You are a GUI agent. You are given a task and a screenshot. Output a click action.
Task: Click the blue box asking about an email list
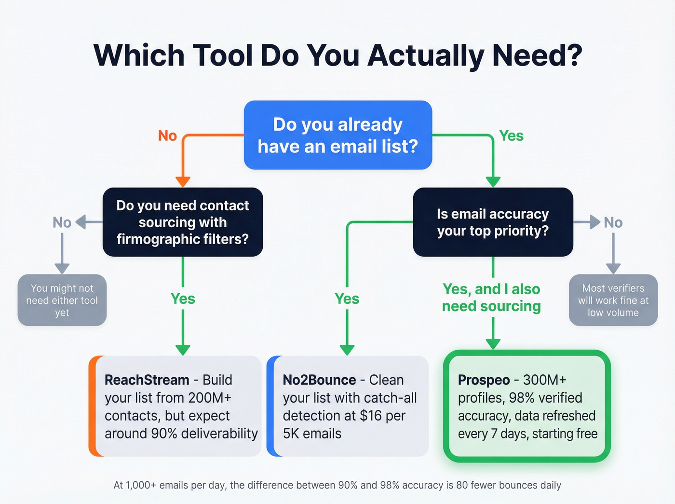pos(337,135)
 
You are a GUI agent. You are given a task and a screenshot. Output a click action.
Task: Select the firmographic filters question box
pos(183,222)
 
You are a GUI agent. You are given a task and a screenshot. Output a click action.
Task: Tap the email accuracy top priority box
pos(493,222)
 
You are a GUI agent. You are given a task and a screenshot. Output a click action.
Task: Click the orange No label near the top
pos(167,136)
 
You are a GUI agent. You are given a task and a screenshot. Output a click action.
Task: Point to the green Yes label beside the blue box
pos(511,136)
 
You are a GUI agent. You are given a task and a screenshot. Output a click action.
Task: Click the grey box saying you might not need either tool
pos(62,300)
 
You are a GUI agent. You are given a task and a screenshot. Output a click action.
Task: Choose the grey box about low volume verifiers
pos(613,300)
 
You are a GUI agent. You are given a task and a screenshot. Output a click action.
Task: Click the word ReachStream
pos(147,380)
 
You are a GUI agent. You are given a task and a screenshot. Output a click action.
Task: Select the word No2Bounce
pos(319,380)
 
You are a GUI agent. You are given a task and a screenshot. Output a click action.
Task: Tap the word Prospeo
pos(484,380)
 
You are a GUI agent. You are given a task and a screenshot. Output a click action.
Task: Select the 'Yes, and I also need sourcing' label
pos(491,298)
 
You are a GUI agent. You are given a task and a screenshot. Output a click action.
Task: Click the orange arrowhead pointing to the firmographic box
pos(183,182)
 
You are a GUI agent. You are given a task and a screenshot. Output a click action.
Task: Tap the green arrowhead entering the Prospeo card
pos(493,343)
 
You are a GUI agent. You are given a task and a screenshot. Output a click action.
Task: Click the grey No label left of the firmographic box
pos(62,222)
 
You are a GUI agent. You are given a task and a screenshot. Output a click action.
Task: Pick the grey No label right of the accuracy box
pos(613,222)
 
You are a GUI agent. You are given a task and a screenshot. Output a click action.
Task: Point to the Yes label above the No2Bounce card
pos(347,299)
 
